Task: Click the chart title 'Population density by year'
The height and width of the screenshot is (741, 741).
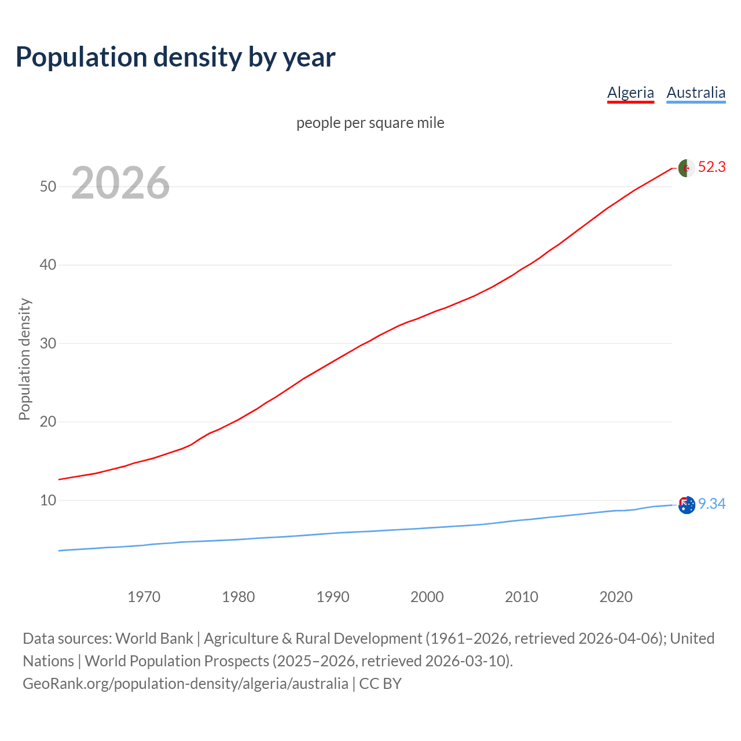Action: tap(175, 57)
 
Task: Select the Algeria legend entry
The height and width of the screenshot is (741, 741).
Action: tap(630, 93)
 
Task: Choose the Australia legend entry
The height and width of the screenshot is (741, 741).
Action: tap(696, 93)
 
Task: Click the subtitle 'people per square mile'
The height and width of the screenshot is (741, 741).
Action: tap(370, 123)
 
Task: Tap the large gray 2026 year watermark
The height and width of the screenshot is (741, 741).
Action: tap(120, 183)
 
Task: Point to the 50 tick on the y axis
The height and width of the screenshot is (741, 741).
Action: tap(48, 186)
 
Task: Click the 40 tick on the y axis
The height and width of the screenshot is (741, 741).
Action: tap(48, 265)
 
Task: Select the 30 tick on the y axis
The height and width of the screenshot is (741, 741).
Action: tap(48, 343)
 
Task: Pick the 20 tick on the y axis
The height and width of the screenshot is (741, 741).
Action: tap(48, 421)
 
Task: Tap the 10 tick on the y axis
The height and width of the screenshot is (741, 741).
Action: tap(48, 500)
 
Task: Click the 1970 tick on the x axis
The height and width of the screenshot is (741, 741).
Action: tap(144, 597)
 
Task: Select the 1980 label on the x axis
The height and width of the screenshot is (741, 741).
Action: tap(238, 597)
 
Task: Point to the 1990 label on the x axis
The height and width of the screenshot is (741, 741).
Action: tap(333, 597)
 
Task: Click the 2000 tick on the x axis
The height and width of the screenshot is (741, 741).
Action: tap(427, 597)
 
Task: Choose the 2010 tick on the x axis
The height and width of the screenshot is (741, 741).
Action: tap(522, 597)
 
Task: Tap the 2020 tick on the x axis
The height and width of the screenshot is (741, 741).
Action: tap(616, 597)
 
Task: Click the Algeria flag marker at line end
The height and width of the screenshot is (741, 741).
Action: tap(686, 168)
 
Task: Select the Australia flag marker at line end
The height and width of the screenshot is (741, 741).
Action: tap(686, 505)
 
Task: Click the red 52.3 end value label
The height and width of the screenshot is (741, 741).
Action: tap(711, 167)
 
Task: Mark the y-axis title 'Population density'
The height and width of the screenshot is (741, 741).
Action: tap(24, 359)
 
